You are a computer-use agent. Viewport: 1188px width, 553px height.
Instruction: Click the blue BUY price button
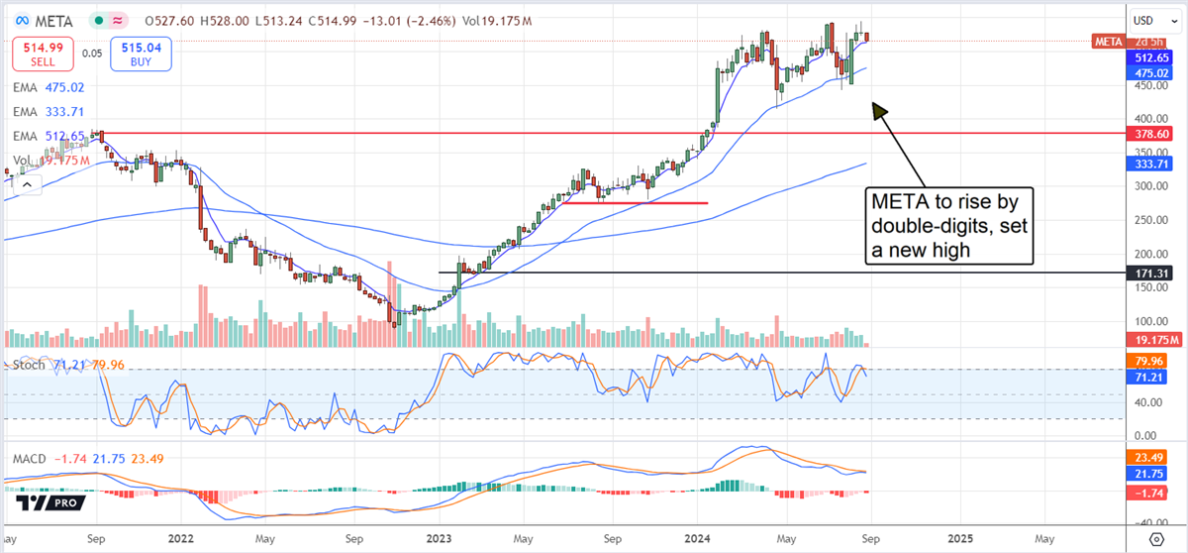click(144, 55)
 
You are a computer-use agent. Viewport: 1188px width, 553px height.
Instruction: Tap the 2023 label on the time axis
click(438, 538)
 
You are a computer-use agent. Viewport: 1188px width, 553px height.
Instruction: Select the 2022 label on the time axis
click(179, 538)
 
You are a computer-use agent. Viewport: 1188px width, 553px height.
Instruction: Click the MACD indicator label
click(31, 459)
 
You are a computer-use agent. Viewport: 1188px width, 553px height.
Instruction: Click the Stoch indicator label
click(30, 365)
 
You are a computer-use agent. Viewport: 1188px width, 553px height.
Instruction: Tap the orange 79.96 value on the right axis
click(1151, 360)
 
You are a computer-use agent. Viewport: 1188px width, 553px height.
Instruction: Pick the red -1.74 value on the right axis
click(1151, 492)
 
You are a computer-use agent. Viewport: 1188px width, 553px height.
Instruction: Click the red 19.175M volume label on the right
click(1151, 340)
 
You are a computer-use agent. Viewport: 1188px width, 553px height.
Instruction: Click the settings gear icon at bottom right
click(1154, 538)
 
